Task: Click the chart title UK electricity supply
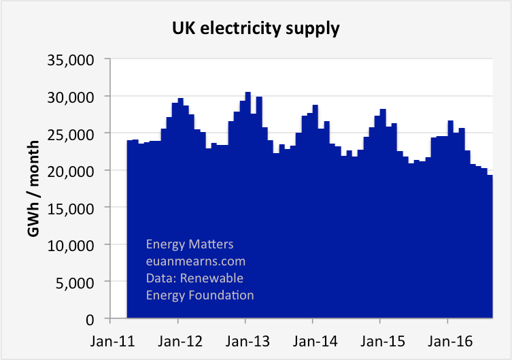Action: [x=256, y=29]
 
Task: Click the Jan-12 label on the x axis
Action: [x=177, y=337]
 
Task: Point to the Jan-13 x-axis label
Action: [x=245, y=337]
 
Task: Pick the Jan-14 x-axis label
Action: [x=312, y=337]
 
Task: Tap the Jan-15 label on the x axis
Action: [x=380, y=337]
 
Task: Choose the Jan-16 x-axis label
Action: [x=447, y=337]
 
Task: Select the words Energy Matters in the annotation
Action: [x=190, y=244]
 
